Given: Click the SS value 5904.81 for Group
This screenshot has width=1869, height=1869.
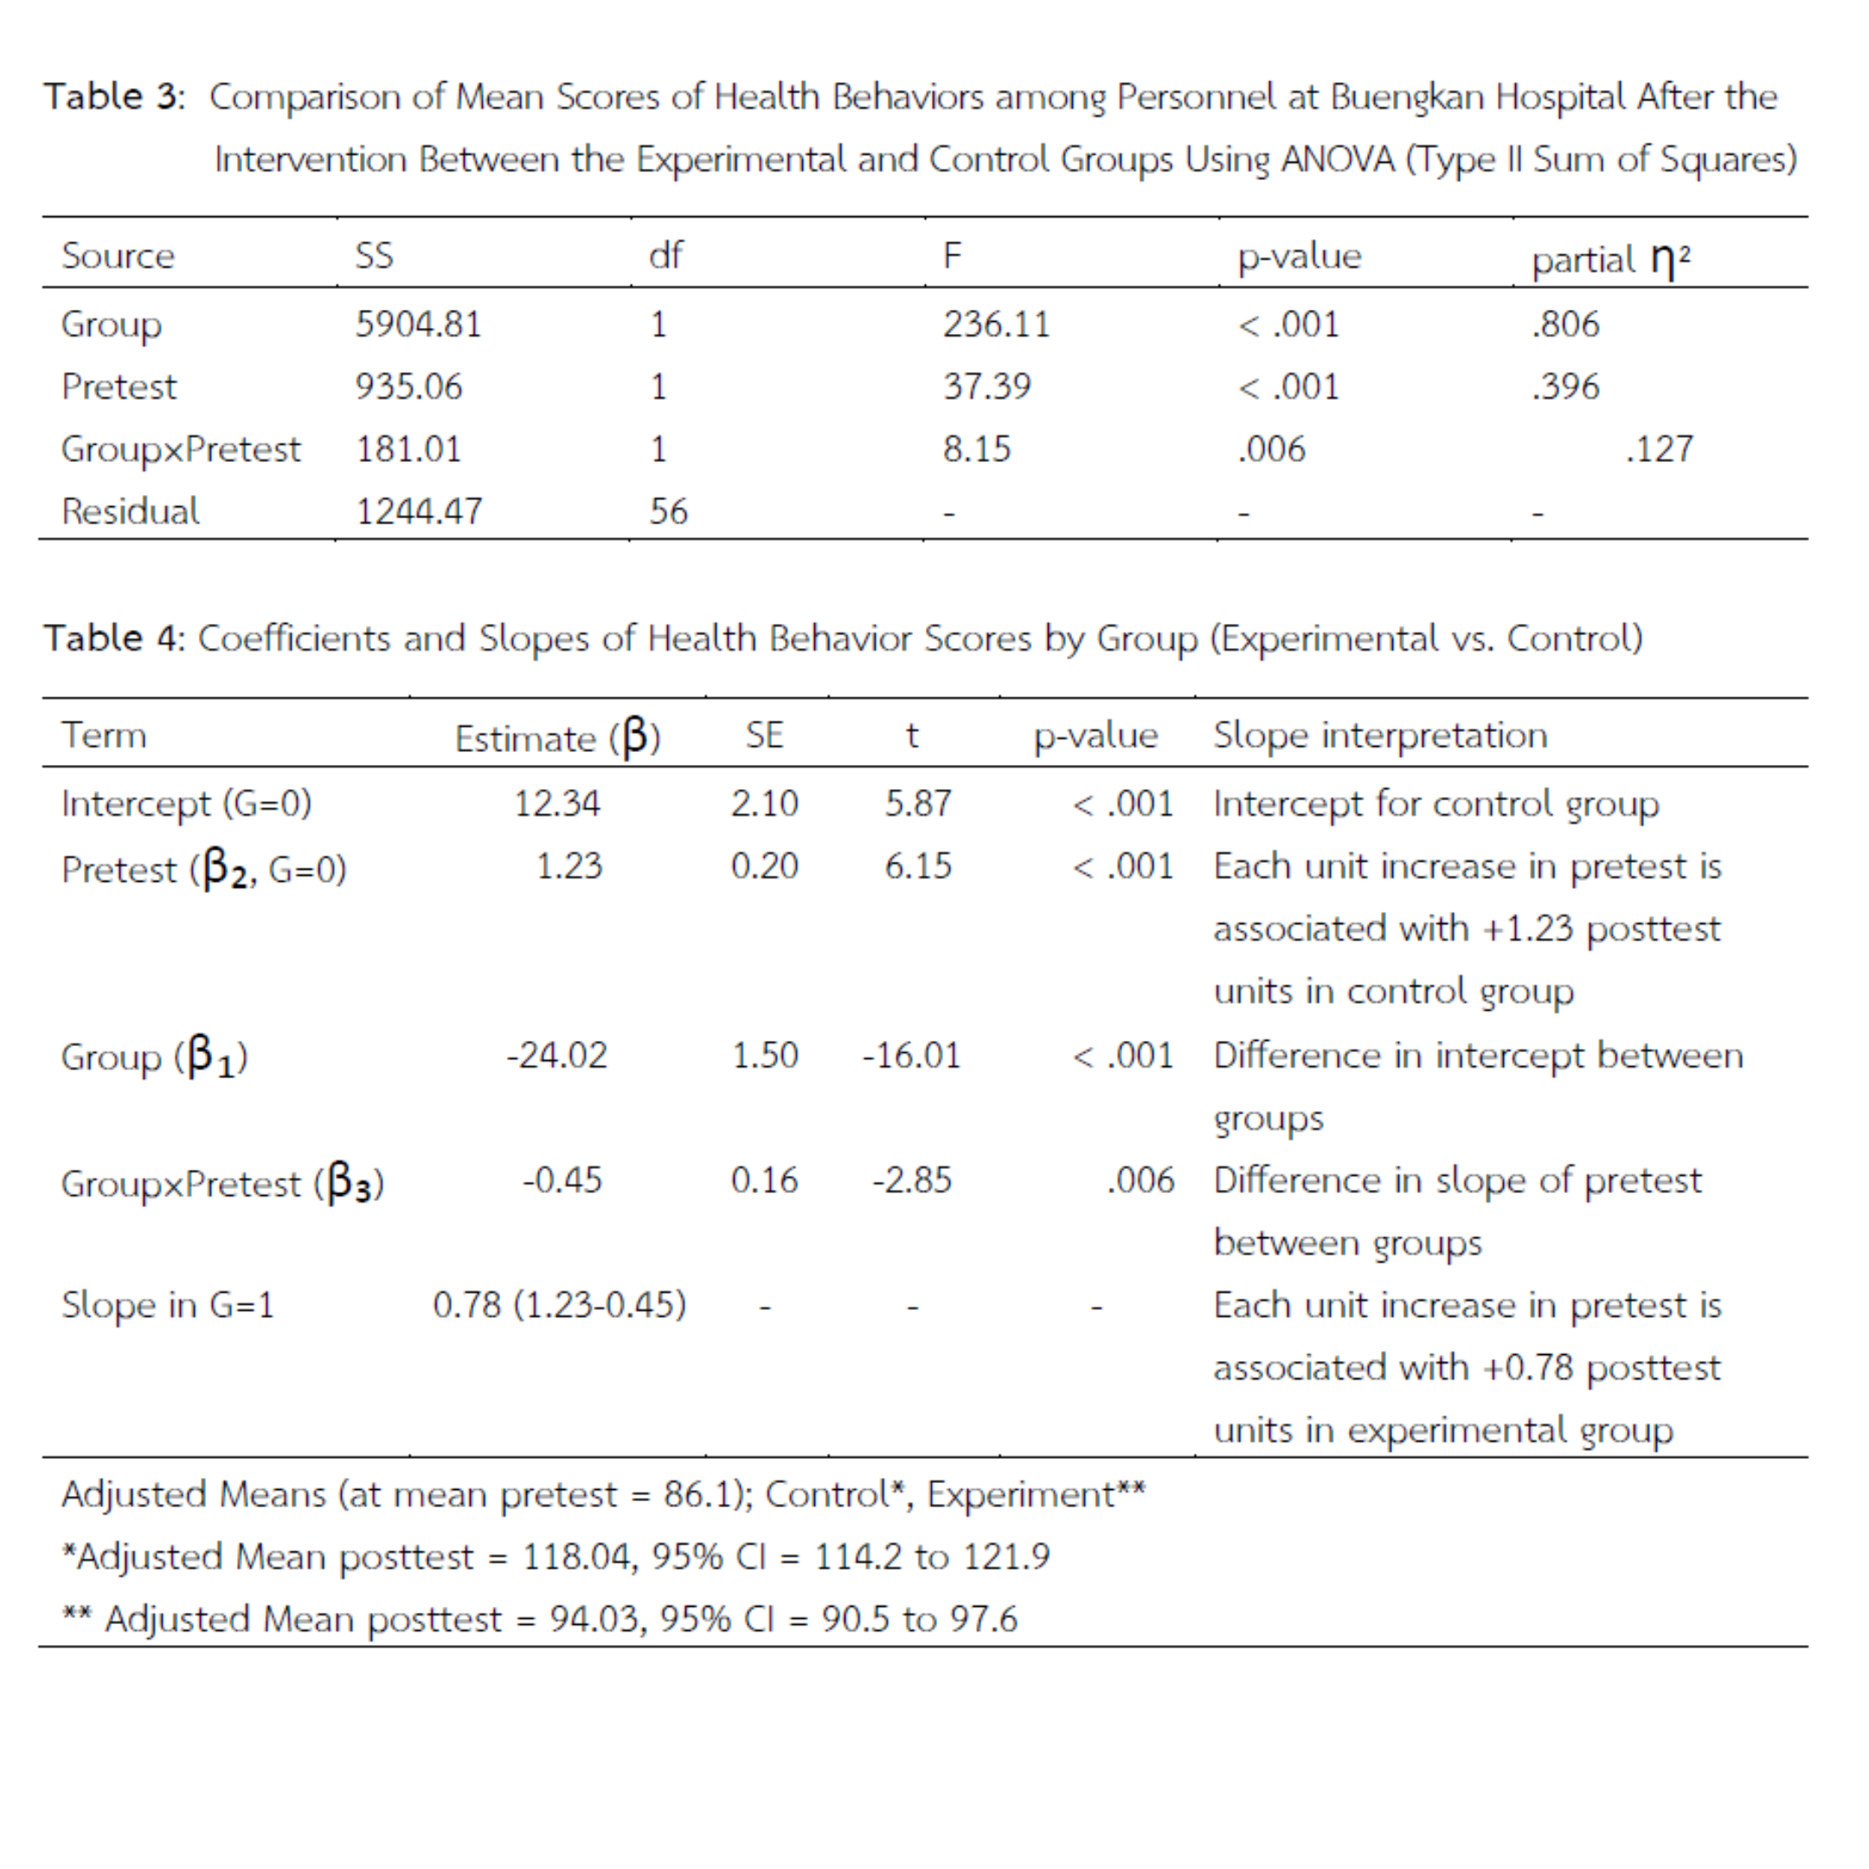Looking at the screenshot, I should [x=418, y=324].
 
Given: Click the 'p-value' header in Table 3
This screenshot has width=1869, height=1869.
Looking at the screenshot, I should [x=1298, y=256].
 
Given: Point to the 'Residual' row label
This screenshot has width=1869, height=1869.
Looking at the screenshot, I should [x=131, y=511].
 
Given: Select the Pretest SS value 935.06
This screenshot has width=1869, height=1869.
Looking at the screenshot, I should [x=408, y=387].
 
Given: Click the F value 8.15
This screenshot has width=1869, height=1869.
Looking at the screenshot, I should [x=976, y=449].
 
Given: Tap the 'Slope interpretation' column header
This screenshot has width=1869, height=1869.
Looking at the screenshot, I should [x=1379, y=735].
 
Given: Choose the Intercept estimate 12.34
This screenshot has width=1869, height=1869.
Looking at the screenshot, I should [x=556, y=804].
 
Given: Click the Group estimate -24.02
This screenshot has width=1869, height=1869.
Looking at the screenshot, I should [x=556, y=1055].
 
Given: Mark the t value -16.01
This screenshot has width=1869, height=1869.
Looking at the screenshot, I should [x=911, y=1055].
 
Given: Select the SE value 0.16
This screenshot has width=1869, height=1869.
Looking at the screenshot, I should [x=764, y=1180].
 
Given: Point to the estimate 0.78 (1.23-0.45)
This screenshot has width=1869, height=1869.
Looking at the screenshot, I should [x=559, y=1305].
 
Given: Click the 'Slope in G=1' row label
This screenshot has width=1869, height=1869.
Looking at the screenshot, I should [x=167, y=1305].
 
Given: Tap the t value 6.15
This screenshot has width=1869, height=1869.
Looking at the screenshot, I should [x=917, y=866].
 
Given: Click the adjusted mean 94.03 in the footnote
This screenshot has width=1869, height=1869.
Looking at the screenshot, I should [x=598, y=1618].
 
